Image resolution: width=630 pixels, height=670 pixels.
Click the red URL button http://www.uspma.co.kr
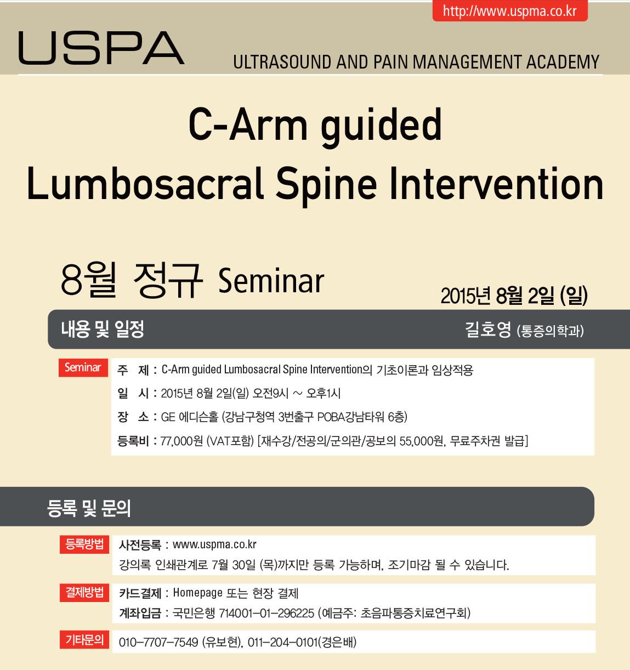click(510, 11)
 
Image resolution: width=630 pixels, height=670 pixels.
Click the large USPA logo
click(101, 48)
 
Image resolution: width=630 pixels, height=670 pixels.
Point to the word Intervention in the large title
click(496, 184)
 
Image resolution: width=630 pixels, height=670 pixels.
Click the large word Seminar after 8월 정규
click(271, 281)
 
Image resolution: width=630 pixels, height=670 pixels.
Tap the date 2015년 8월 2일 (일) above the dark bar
click(514, 296)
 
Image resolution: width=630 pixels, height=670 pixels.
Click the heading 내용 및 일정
click(103, 329)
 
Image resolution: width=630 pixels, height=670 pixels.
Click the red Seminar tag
click(83, 367)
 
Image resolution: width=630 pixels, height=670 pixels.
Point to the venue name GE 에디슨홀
click(190, 417)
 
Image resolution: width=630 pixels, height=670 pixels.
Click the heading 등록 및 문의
click(89, 508)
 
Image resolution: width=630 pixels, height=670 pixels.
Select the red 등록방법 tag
click(84, 544)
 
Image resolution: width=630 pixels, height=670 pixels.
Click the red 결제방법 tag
click(84, 592)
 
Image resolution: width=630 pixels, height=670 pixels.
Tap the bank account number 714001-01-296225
click(266, 612)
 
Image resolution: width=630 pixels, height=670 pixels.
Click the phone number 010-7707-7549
click(158, 642)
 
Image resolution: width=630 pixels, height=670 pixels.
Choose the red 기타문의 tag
click(84, 639)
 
